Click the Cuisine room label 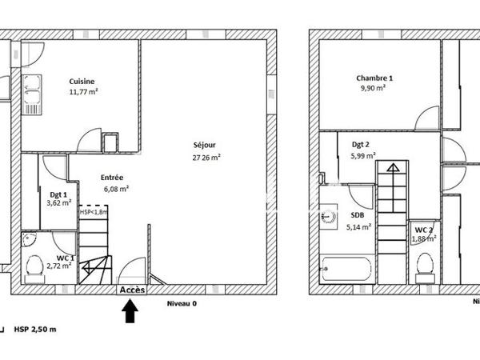82,81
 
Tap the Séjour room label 204,145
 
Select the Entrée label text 112,178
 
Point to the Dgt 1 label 58,194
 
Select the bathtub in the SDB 345,267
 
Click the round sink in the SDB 327,216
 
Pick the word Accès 132,290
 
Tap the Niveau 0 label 181,304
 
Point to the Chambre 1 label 374,78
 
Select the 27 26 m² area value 206,158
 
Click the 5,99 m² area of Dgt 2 363,157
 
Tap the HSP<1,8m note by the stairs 92,213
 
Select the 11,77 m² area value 83,92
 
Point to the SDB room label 357,215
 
